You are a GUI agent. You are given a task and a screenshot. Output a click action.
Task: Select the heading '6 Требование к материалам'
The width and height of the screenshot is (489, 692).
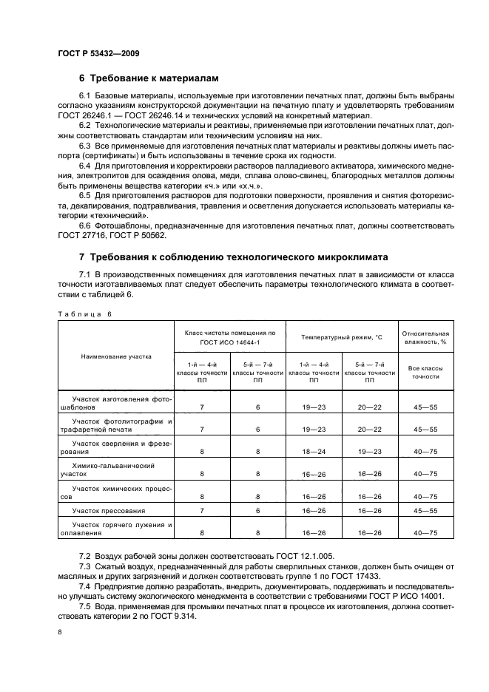(148, 78)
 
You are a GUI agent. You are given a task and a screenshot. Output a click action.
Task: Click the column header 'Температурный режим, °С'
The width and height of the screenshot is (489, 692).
(341, 337)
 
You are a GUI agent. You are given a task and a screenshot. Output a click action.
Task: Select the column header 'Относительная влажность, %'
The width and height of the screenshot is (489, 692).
(425, 337)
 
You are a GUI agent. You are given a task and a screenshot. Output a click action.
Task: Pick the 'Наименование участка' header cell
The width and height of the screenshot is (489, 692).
(116, 356)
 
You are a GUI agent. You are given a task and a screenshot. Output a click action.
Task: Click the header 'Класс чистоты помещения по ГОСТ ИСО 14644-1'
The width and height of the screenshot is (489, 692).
(229, 338)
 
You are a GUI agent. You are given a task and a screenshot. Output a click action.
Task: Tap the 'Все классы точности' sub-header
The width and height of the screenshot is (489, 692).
(425, 371)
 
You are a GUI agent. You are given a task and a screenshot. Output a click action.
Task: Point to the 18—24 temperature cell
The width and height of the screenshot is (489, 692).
(314, 450)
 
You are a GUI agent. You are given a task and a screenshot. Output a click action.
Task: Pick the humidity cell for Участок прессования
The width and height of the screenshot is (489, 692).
(425, 511)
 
